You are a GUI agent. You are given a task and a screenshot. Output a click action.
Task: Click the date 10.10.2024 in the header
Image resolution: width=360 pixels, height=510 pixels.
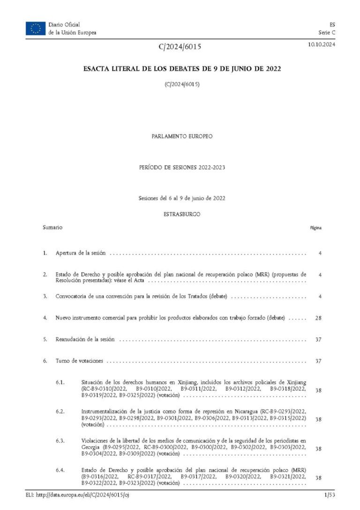pyautogui.click(x=321, y=45)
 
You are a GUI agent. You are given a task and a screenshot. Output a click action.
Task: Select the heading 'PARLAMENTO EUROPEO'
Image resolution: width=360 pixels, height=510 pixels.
pyautogui.click(x=182, y=136)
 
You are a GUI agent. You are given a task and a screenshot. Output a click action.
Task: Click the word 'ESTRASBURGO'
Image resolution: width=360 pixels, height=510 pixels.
pyautogui.click(x=182, y=214)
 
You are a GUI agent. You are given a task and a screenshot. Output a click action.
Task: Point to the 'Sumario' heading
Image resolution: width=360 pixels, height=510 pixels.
pyautogui.click(x=52, y=228)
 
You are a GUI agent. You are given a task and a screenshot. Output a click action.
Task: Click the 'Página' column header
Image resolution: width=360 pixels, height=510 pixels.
pyautogui.click(x=315, y=228)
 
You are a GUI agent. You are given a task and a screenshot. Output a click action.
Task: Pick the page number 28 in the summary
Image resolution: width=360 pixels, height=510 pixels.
pyautogui.click(x=318, y=318)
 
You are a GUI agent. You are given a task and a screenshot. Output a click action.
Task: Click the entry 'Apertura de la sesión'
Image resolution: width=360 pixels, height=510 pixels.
pyautogui.click(x=80, y=253)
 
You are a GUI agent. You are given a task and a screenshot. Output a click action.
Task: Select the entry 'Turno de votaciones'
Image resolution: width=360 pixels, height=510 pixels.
pyautogui.click(x=79, y=361)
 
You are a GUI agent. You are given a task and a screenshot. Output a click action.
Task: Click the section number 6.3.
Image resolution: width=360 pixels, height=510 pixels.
pyautogui.click(x=60, y=441)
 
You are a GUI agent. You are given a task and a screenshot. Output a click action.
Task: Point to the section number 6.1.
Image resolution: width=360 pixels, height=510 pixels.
pyautogui.click(x=60, y=382)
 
